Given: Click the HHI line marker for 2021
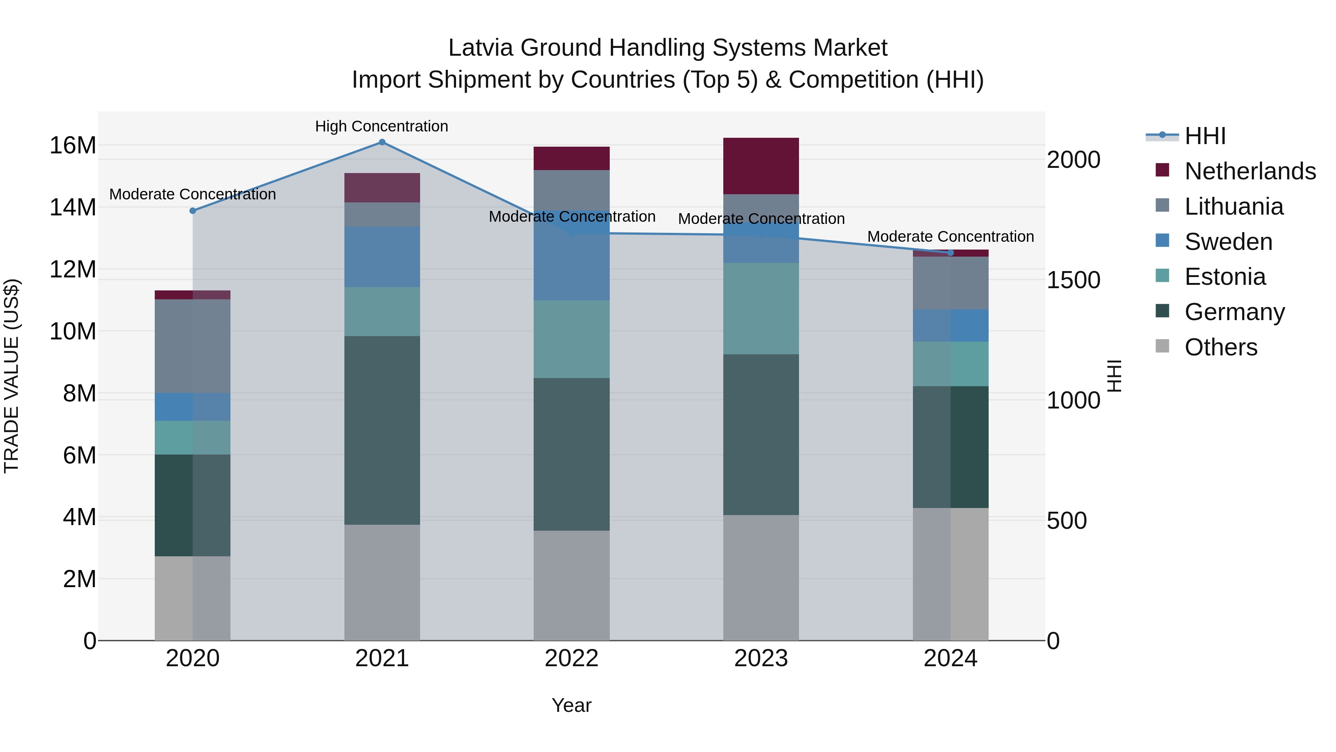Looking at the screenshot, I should [382, 142].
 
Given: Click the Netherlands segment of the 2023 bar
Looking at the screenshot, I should [761, 166].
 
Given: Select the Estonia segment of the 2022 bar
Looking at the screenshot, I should [572, 339].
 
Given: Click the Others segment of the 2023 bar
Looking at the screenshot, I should [761, 577].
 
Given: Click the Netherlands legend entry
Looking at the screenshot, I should [1250, 171].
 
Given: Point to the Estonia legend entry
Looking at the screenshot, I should [1225, 277].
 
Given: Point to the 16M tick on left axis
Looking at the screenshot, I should [73, 145].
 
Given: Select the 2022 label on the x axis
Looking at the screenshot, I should [572, 658].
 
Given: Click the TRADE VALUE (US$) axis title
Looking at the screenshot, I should [12, 376].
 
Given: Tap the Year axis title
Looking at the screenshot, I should [571, 705].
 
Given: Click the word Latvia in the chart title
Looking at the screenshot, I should [480, 48].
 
